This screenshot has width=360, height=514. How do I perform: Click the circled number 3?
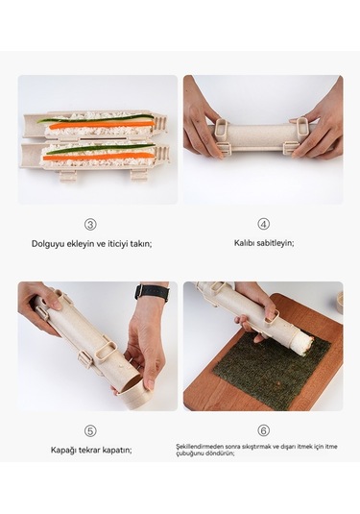click(90, 224)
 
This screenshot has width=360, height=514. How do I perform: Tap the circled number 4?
click(263, 224)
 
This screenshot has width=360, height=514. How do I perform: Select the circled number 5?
click(90, 430)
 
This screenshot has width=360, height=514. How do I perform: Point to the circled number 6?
click(263, 430)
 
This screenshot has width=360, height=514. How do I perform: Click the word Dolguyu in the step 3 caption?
click(49, 244)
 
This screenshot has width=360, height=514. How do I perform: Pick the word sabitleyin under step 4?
click(276, 243)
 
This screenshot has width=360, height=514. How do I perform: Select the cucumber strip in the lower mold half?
click(96, 149)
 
